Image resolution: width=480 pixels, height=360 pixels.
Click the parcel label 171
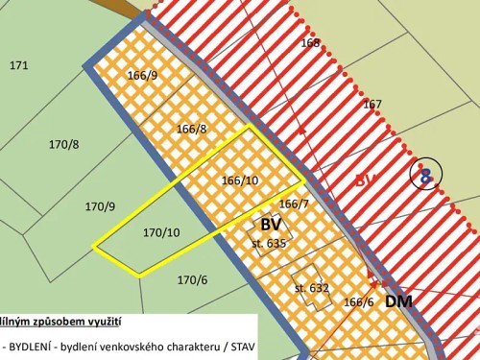click(18, 65)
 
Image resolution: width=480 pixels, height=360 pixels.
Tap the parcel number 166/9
click(142, 75)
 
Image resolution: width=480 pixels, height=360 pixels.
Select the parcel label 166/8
click(191, 129)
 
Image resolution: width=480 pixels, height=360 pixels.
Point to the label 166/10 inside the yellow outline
click(240, 180)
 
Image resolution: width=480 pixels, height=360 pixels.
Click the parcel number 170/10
click(161, 232)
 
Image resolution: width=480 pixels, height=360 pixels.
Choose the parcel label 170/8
click(63, 144)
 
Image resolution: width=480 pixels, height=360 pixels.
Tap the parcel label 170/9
click(100, 206)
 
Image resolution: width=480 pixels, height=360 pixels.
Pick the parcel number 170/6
click(192, 279)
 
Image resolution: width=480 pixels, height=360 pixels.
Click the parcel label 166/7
click(294, 204)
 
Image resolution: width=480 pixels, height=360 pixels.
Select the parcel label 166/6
click(358, 301)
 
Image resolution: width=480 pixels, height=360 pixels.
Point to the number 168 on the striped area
click(310, 43)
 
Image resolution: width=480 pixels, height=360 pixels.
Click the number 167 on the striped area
click(372, 105)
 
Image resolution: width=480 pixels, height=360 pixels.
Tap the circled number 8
click(425, 175)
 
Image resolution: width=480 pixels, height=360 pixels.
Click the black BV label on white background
click(270, 225)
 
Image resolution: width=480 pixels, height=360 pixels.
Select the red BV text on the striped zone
click(367, 180)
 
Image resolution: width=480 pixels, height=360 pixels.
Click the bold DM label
click(400, 300)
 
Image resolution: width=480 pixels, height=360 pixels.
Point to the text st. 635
click(269, 244)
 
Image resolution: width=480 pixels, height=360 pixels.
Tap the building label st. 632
click(312, 287)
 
